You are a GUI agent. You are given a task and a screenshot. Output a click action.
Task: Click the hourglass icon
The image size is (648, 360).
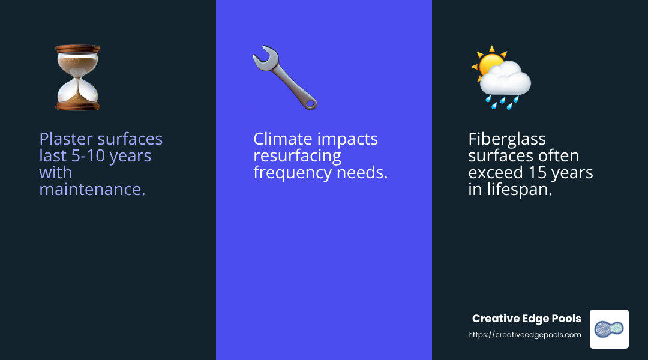point(77,77)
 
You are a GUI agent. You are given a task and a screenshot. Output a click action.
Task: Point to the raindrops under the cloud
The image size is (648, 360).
point(502,101)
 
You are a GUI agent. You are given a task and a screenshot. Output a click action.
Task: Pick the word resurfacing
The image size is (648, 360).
point(297,156)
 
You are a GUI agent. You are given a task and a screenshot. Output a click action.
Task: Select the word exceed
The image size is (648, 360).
point(491,173)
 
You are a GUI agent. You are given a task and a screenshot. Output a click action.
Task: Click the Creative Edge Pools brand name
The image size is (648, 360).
point(526,319)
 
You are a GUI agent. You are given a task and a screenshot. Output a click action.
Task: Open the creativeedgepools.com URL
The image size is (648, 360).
point(524,335)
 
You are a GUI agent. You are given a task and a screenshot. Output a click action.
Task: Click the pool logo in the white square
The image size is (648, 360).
point(609,329)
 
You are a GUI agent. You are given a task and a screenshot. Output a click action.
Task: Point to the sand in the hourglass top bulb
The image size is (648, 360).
point(77,62)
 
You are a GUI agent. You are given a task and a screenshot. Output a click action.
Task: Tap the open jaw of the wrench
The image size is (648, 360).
point(261,56)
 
